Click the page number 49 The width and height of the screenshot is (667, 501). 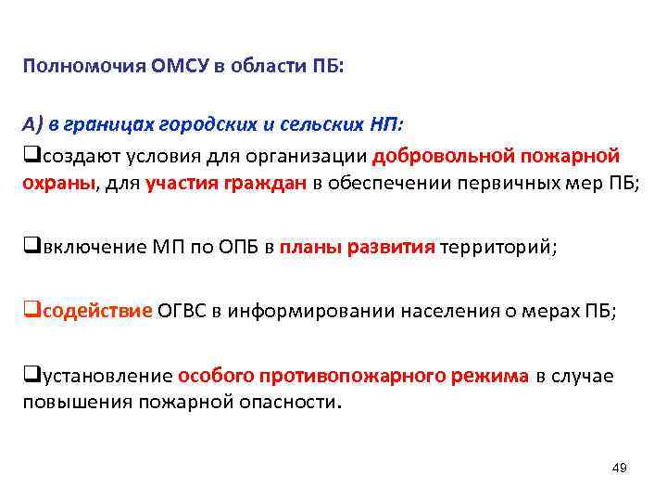click(620, 468)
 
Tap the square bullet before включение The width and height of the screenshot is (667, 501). click(28, 248)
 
